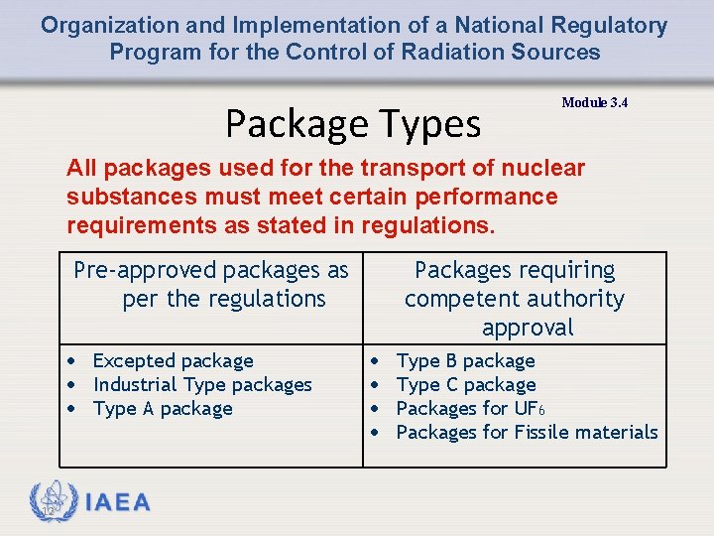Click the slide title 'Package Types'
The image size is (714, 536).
[353, 124]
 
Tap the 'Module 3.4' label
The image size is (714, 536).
[594, 103]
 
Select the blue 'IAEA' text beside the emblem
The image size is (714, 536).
[118, 502]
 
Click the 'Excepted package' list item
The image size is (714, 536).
[173, 361]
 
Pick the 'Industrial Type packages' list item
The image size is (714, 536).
[202, 385]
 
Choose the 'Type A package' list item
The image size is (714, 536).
[163, 409]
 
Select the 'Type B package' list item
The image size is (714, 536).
[465, 361]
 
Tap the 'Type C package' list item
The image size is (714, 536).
[466, 385]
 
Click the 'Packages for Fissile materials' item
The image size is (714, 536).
[527, 433]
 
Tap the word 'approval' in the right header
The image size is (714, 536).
[528, 328]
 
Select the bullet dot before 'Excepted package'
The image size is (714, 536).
[72, 361]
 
